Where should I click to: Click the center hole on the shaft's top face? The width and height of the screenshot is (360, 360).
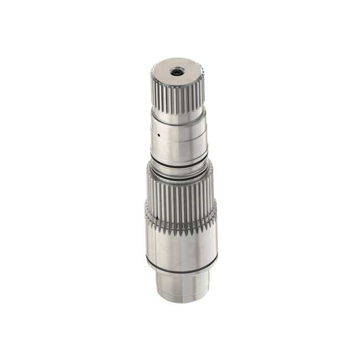click(x=178, y=71)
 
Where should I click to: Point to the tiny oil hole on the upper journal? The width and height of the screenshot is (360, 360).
click(x=158, y=133)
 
